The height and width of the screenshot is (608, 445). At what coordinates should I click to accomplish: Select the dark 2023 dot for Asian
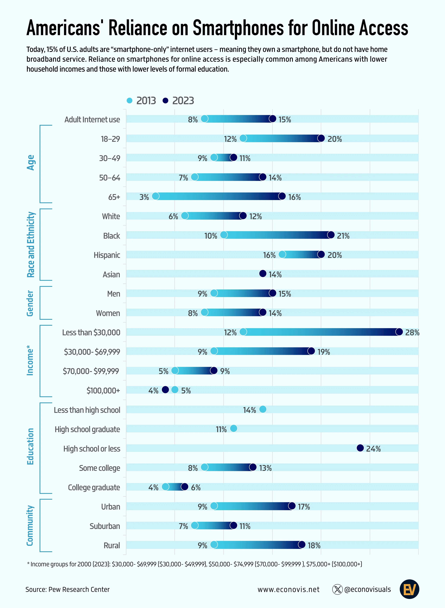tap(263, 274)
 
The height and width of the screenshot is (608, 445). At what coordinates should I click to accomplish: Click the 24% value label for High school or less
tap(373, 449)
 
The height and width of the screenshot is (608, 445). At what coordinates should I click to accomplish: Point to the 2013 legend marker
tap(129, 100)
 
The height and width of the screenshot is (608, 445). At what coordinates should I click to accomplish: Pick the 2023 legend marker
tap(165, 100)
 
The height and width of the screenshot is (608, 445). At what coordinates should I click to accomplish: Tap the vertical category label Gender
tap(30, 303)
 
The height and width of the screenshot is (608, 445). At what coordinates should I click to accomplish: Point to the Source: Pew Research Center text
tap(68, 589)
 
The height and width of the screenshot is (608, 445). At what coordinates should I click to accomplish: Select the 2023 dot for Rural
tap(302, 545)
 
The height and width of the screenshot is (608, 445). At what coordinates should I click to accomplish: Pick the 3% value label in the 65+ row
tap(144, 197)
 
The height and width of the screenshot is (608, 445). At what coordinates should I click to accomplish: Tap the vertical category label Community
tap(30, 525)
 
